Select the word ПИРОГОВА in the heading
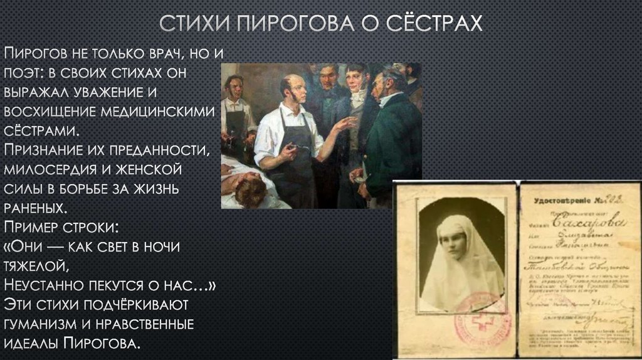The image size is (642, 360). [x=297, y=24]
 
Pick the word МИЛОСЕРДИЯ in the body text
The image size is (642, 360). [x=56, y=169]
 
